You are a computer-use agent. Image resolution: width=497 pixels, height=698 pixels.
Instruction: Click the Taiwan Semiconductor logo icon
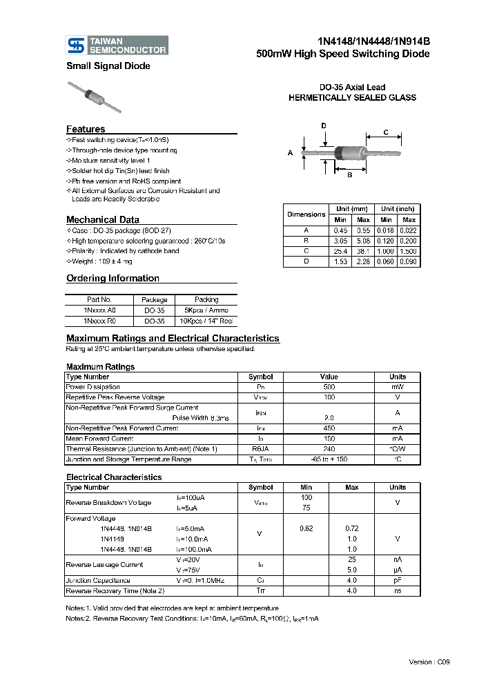75,46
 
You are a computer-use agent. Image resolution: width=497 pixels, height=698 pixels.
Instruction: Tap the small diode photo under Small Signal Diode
95,97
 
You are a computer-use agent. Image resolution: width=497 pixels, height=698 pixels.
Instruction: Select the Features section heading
86,129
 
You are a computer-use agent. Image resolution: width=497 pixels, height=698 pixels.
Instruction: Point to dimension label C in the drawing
386,132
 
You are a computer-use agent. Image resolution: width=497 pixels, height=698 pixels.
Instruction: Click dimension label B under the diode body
349,175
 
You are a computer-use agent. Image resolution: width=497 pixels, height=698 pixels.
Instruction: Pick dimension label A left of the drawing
291,152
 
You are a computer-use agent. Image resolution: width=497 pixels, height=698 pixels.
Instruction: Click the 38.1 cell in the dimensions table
363,251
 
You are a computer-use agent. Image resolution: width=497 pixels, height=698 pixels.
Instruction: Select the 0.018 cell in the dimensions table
387,230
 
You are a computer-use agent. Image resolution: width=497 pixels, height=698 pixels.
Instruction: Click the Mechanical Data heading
102,220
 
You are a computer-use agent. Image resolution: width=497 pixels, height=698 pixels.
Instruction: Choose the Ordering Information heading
113,279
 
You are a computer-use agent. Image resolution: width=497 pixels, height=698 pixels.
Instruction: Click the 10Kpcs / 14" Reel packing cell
206,321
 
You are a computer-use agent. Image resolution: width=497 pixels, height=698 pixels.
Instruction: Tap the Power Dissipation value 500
329,387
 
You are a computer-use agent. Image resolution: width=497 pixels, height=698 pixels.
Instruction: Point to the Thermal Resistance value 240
329,449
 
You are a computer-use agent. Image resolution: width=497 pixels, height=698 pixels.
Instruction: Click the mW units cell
397,387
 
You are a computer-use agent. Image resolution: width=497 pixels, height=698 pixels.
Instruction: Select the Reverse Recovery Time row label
115,591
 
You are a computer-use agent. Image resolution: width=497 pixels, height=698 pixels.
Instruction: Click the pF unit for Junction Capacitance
397,581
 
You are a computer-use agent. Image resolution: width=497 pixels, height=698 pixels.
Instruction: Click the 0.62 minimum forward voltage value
306,528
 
